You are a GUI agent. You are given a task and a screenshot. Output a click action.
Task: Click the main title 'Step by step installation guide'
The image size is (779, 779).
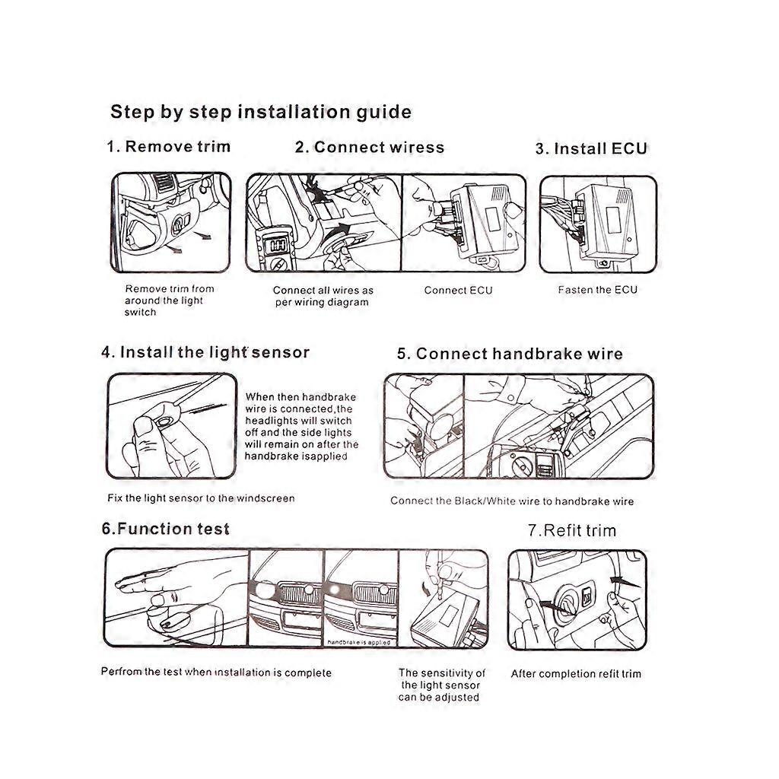point(261,113)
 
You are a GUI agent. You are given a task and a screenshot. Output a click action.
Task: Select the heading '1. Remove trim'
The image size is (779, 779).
point(168,147)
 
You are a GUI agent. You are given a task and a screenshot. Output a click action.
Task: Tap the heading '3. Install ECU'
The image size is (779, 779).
point(591,148)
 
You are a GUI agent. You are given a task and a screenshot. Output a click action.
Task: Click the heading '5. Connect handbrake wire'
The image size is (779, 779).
point(510,354)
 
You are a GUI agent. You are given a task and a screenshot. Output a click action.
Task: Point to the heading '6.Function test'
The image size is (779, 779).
point(165,529)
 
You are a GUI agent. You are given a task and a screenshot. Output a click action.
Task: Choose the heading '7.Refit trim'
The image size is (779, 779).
point(572,530)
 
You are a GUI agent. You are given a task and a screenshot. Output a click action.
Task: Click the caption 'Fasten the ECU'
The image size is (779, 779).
point(597,290)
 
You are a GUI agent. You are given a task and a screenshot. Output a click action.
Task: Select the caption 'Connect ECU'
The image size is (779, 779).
point(458,290)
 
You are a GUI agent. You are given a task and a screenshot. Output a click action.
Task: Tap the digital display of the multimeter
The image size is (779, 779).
point(277,245)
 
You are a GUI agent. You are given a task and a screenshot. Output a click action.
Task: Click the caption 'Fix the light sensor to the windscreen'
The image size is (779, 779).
point(201,498)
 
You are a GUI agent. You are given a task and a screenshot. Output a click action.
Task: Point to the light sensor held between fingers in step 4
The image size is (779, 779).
point(164,421)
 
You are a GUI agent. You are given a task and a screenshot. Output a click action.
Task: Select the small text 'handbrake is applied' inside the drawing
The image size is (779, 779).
point(359,642)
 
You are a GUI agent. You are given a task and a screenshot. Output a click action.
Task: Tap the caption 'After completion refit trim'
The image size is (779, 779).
point(576,674)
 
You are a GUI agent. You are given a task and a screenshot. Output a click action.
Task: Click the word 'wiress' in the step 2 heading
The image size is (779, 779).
point(417,147)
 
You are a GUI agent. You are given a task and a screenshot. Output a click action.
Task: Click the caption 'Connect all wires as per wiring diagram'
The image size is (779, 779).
point(323,296)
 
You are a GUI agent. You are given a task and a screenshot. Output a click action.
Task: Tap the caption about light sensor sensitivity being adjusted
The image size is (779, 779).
point(441,685)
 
